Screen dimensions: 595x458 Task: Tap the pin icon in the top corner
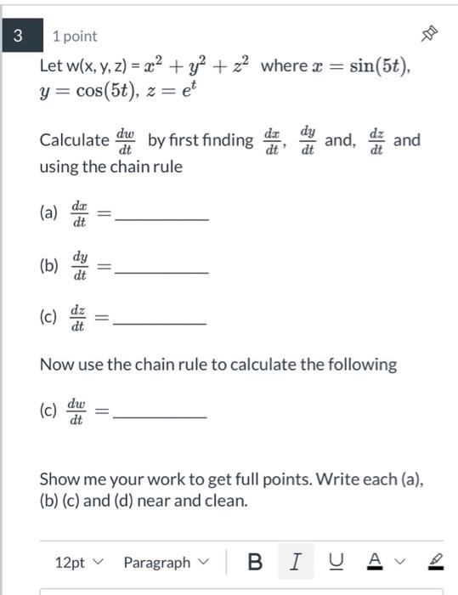(x=430, y=35)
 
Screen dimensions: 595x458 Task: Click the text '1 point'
(x=75, y=37)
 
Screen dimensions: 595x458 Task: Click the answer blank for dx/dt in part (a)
(x=161, y=218)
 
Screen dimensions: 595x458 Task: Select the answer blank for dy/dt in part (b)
(x=161, y=270)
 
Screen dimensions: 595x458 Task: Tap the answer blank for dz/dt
(x=160, y=322)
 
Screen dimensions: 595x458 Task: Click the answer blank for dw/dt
(x=160, y=416)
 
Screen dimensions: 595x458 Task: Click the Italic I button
(x=296, y=562)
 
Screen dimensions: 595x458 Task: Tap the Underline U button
(x=337, y=562)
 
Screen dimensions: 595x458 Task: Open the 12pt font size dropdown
(x=78, y=563)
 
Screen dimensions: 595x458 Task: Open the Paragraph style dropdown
(x=165, y=563)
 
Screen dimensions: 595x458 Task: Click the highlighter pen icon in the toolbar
(x=436, y=562)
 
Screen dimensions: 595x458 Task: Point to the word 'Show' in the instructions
(x=59, y=479)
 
